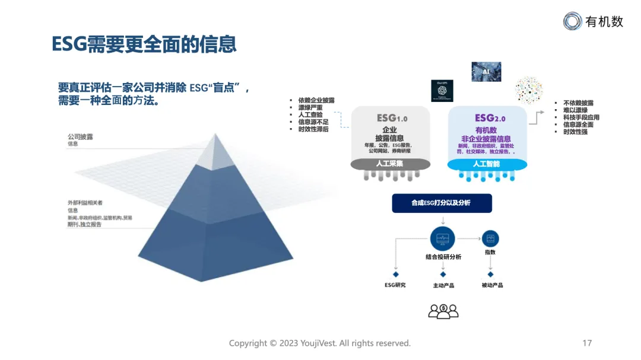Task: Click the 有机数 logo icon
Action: tap(573, 21)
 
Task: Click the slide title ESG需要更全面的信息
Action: tap(144, 44)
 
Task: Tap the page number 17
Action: tap(587, 343)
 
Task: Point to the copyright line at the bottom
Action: tap(320, 343)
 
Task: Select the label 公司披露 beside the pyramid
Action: tap(80, 136)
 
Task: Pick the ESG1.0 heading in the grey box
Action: tap(392, 118)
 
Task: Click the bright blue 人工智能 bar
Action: tap(486, 163)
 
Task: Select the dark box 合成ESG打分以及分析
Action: tap(442, 203)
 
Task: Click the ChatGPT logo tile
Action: tap(442, 90)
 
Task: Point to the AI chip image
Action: tap(486, 71)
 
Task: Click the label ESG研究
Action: tap(395, 285)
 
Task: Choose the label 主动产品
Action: tap(443, 285)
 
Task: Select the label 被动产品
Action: tap(492, 285)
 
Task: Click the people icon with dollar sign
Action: tap(443, 310)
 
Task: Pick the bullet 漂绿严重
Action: tap(310, 107)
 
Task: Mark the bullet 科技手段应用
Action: tap(581, 117)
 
